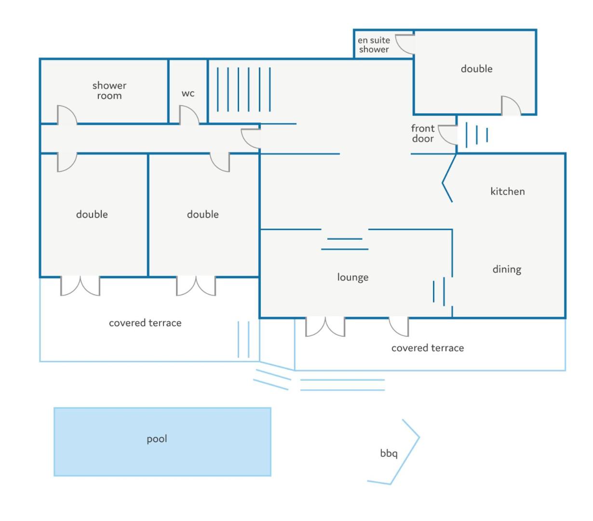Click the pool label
tap(157, 439)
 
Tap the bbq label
tap(389, 453)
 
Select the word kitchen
tap(507, 191)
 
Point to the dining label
tap(507, 270)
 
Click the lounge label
tap(353, 277)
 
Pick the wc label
tap(188, 94)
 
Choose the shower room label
tap(109, 91)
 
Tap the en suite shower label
tap(374, 44)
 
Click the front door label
tap(423, 133)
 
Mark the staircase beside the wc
tap(243, 89)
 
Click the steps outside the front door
tap(476, 135)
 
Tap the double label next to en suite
tap(476, 69)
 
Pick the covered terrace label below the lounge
tap(428, 348)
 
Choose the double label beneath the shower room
tap(92, 214)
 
